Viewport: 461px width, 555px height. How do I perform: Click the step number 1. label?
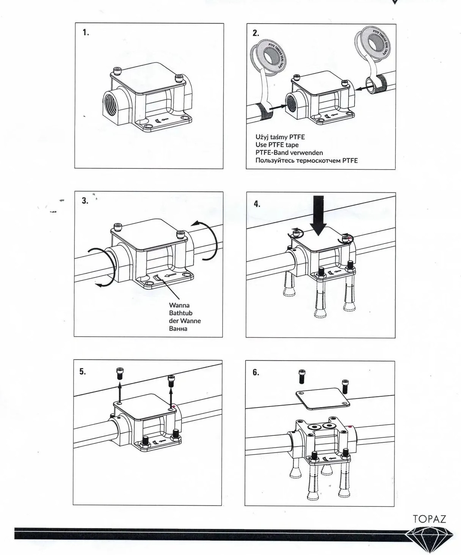pyautogui.click(x=86, y=33)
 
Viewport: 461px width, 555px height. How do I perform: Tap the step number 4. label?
pyautogui.click(x=257, y=204)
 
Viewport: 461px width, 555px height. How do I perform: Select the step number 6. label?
pyautogui.click(x=256, y=372)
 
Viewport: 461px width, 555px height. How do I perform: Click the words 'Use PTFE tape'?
pyautogui.click(x=277, y=145)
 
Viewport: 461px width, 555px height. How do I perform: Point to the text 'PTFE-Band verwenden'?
pyautogui.click(x=289, y=153)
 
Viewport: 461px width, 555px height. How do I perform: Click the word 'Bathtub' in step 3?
pyautogui.click(x=180, y=313)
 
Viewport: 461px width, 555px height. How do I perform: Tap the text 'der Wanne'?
pyautogui.click(x=185, y=321)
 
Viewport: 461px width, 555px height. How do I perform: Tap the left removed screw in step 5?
pyautogui.click(x=120, y=373)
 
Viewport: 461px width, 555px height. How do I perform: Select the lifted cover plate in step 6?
pyautogui.click(x=322, y=398)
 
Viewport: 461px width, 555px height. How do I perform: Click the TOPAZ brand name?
pyautogui.click(x=429, y=519)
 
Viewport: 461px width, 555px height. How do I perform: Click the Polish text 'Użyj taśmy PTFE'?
pyautogui.click(x=280, y=137)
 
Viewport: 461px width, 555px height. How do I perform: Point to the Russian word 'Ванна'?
pyautogui.click(x=178, y=329)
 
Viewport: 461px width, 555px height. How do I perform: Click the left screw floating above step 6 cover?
pyautogui.click(x=302, y=376)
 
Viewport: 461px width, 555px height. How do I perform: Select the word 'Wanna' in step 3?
pyautogui.click(x=179, y=305)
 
